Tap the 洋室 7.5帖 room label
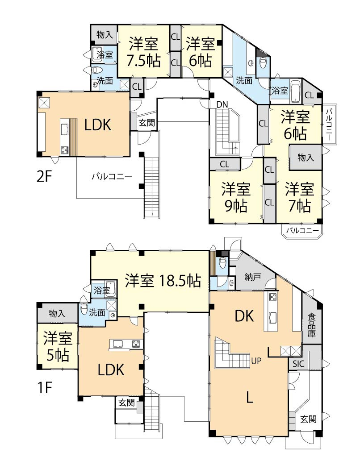143,52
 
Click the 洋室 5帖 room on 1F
57,346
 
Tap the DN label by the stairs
222,104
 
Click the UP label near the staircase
256,360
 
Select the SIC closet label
298,364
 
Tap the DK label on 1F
244,316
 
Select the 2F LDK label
97,125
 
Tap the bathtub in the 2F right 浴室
297,86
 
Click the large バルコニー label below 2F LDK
112,176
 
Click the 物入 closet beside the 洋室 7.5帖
104,34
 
